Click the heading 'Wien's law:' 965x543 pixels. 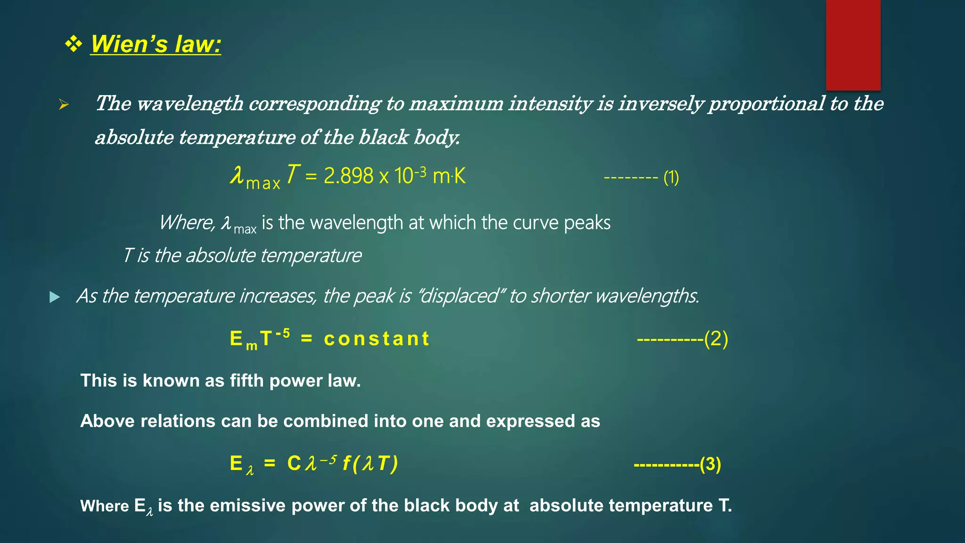pos(155,44)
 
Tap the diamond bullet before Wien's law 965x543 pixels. pos(74,44)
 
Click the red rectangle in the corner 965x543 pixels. pos(853,45)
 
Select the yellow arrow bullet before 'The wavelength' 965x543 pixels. pos(64,105)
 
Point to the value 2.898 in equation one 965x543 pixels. pos(349,176)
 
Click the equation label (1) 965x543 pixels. pos(671,178)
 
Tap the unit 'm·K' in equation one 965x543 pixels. pos(449,176)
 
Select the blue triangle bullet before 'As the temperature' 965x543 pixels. pos(55,297)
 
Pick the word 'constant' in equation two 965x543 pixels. pos(377,338)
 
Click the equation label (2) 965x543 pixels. pos(716,339)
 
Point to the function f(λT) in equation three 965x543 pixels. pos(370,463)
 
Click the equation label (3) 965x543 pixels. pos(710,464)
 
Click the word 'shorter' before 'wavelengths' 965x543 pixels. pos(561,296)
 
